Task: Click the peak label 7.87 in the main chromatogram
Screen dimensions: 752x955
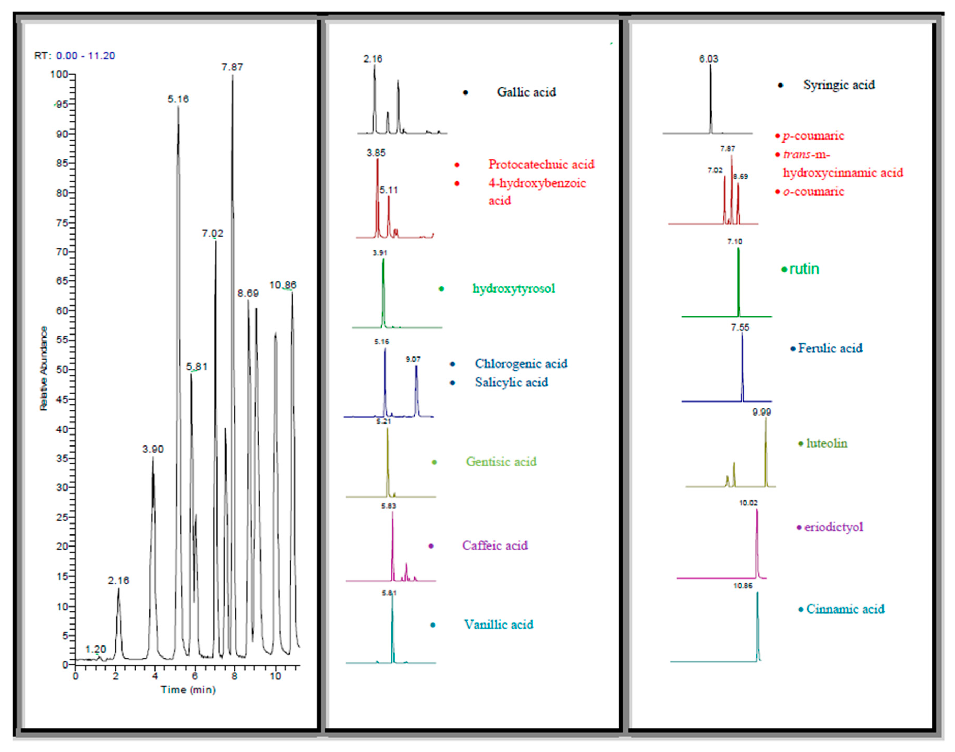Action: coord(232,67)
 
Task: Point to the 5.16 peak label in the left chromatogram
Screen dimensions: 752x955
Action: coord(178,99)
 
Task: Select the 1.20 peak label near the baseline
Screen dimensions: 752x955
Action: coord(96,649)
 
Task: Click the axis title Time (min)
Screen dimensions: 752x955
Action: coord(188,689)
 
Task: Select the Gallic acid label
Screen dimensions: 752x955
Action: coord(526,92)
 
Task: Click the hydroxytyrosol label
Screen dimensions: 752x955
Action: coord(513,288)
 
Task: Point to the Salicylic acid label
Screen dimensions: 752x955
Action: coord(511,382)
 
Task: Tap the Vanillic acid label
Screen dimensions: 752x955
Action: coord(498,624)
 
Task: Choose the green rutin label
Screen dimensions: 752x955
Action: coord(804,269)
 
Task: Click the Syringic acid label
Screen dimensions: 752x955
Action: coord(839,85)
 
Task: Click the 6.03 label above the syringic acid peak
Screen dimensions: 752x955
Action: coord(708,59)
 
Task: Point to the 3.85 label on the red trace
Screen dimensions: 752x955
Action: coord(376,153)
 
